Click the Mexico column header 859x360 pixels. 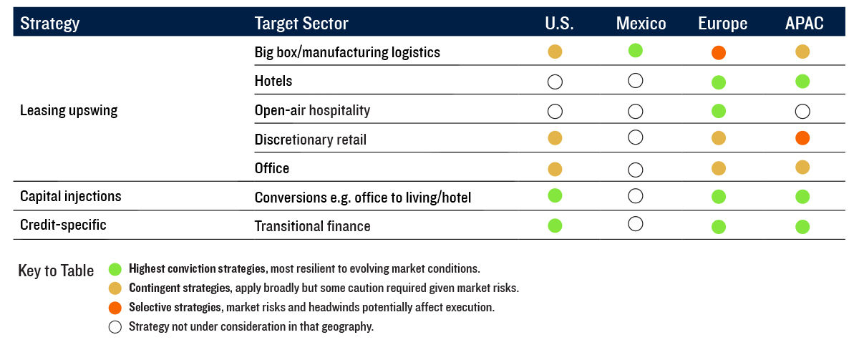click(641, 23)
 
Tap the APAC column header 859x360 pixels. click(804, 23)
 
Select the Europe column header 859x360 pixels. click(722, 24)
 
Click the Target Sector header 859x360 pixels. click(301, 24)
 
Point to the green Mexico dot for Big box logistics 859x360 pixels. click(636, 50)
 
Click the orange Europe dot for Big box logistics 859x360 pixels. click(718, 52)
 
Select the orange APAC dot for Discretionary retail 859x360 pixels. click(802, 138)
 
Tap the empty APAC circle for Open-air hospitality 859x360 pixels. click(802, 112)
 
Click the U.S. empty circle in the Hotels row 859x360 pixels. click(555, 82)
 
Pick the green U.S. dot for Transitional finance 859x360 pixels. click(555, 226)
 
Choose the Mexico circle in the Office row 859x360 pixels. click(636, 170)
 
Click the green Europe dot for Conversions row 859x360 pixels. click(718, 197)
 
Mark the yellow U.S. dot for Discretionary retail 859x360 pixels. click(555, 138)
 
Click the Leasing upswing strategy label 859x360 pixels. click(69, 110)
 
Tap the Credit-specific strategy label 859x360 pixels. click(63, 225)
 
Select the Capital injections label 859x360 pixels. click(71, 196)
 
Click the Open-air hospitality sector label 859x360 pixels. click(312, 110)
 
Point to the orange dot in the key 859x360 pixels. click(115, 308)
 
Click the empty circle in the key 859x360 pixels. click(115, 327)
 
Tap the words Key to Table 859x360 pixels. click(56, 271)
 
